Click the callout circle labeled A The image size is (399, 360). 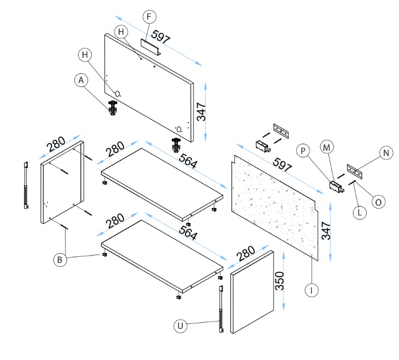[x=81, y=80]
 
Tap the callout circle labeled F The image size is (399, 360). [x=147, y=16]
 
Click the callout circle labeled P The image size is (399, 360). [x=303, y=149]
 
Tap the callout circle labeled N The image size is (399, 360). [x=386, y=154]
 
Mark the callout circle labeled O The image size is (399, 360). [x=377, y=201]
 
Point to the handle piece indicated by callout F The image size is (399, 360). [x=150, y=47]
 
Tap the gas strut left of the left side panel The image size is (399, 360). [x=25, y=186]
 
